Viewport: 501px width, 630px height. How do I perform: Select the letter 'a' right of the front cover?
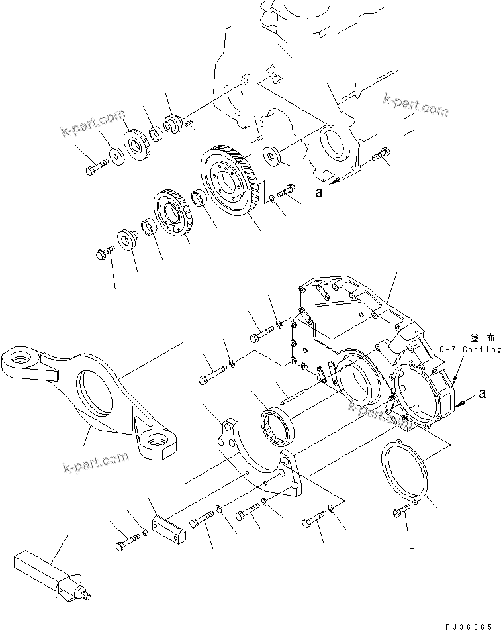tap(482, 394)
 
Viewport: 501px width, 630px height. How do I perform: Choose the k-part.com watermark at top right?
tap(415, 104)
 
